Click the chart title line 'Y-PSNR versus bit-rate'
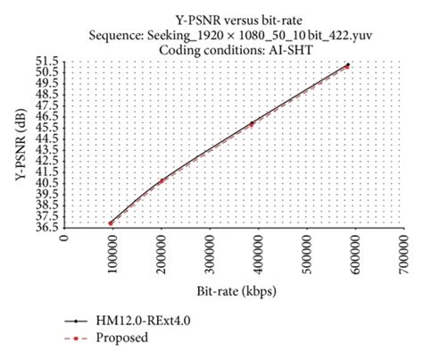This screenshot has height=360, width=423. (211, 21)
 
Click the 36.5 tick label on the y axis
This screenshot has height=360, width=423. (50, 228)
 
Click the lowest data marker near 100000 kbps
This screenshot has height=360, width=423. (112, 222)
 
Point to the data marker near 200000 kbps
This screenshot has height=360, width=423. (162, 181)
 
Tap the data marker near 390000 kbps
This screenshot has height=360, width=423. (253, 123)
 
